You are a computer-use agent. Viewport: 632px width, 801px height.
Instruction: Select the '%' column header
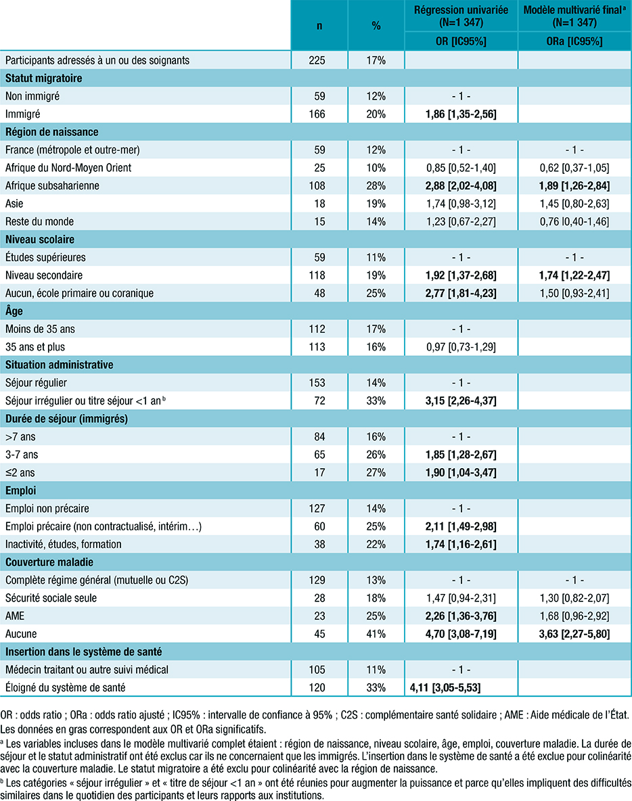(376, 26)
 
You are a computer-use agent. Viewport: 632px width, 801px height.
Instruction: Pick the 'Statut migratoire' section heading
(44, 78)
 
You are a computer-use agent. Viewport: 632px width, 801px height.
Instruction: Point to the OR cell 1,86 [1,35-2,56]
(461, 114)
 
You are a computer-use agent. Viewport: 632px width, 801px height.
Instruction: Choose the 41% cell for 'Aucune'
(376, 634)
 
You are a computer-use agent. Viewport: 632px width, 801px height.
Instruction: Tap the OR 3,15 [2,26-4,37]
(461, 400)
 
